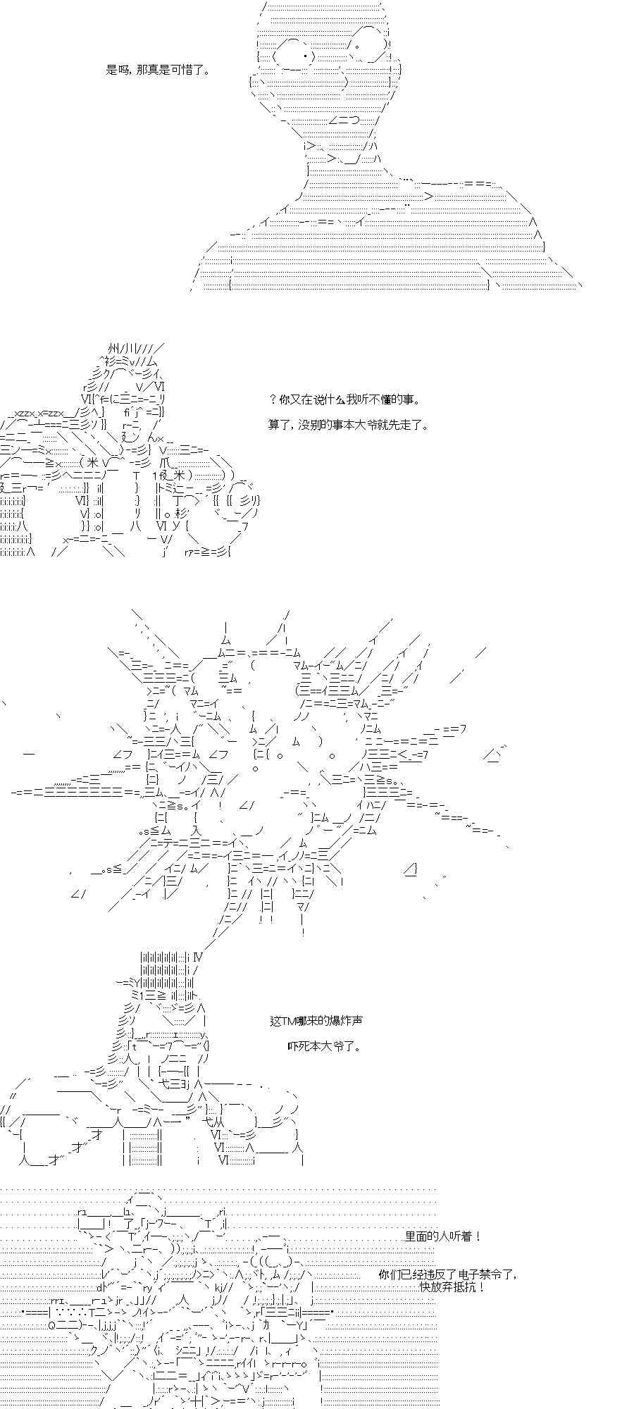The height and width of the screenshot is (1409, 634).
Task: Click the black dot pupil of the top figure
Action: (305, 56)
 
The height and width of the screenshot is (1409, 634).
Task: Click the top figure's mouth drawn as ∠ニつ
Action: (343, 120)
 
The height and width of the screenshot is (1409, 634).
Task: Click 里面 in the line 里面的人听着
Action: (416, 1236)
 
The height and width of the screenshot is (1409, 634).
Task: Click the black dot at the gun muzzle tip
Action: (24, 1312)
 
